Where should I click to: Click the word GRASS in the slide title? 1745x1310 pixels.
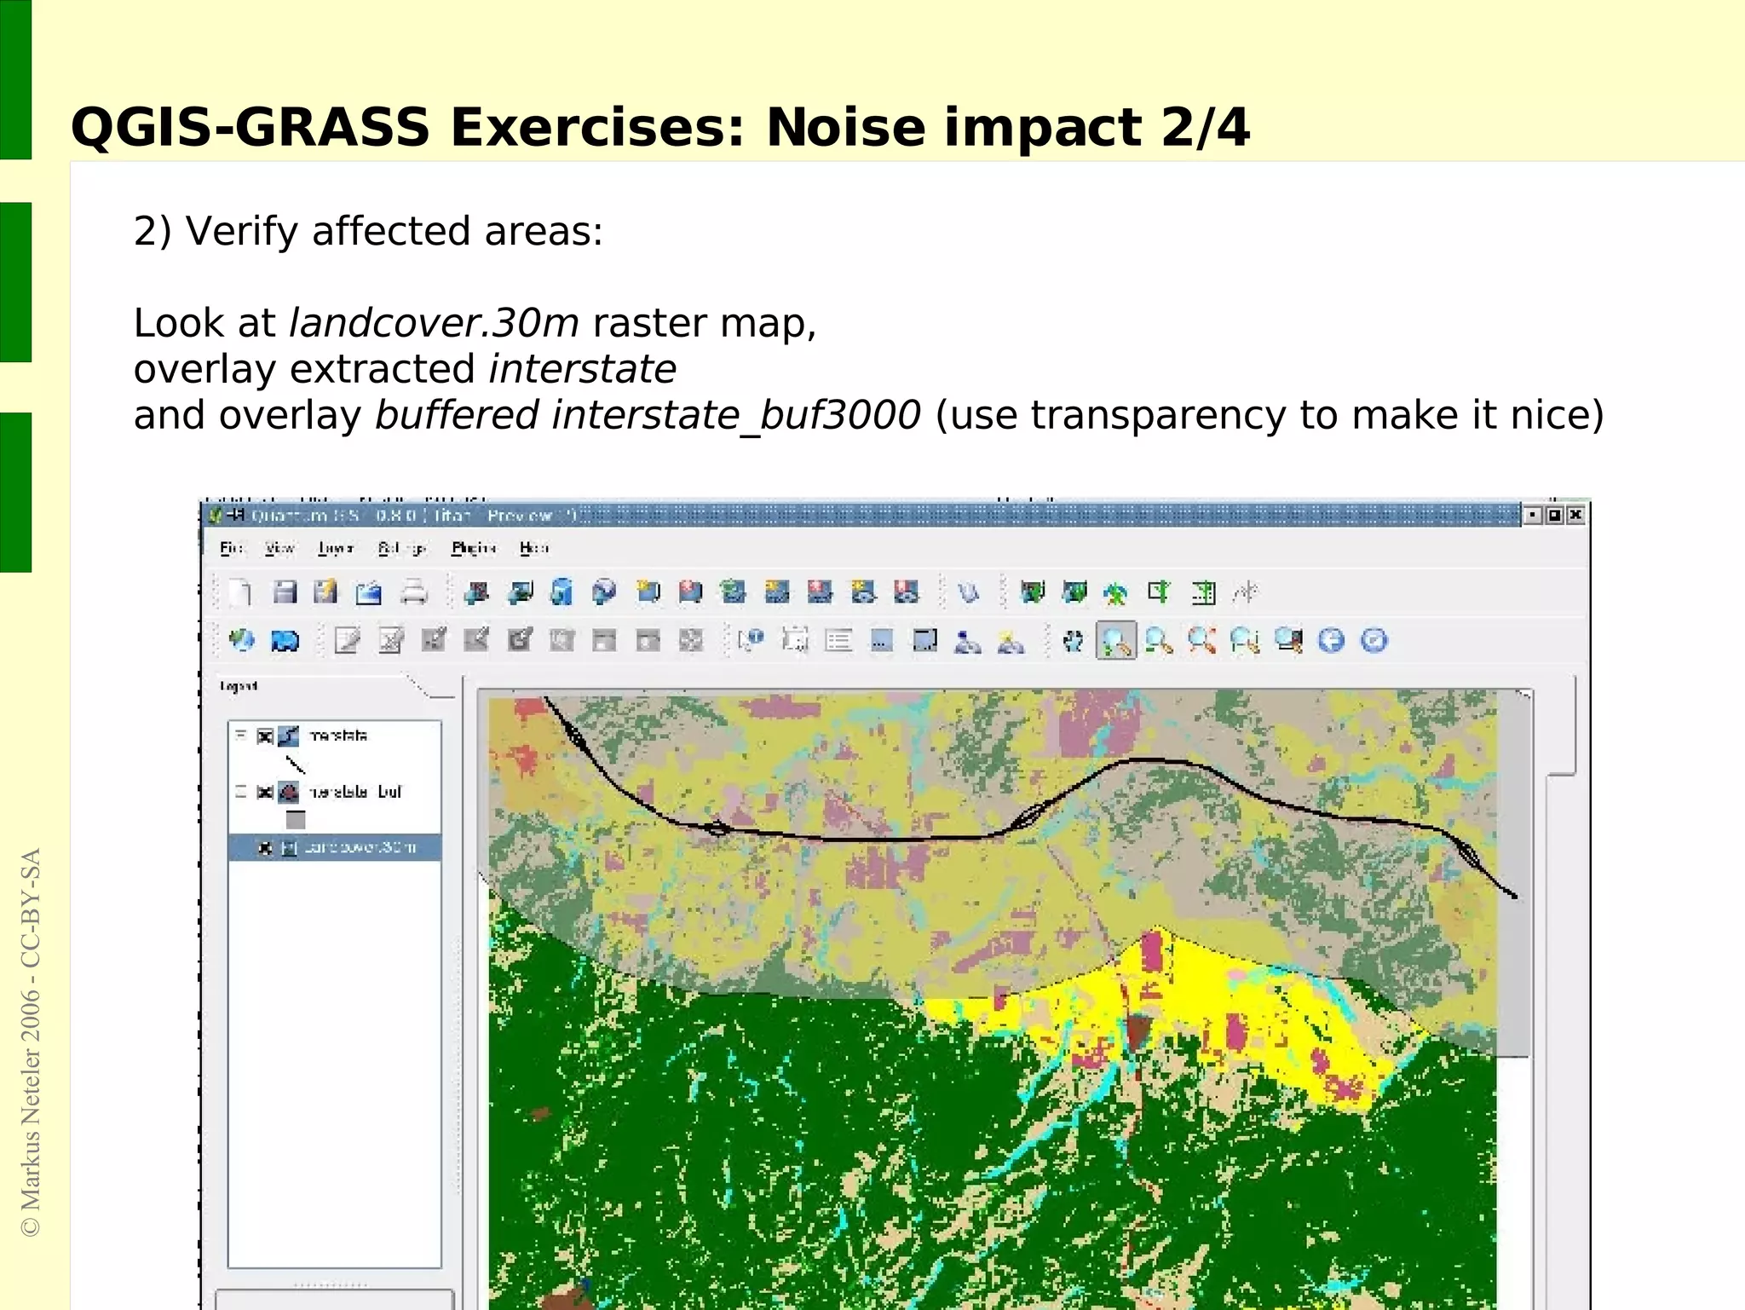coord(332,128)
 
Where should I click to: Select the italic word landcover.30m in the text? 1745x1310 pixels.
coord(434,324)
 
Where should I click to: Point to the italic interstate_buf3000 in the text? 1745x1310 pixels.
coord(736,416)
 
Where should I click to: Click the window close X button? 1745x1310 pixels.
coord(1575,515)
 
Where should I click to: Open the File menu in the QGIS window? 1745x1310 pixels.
coord(231,548)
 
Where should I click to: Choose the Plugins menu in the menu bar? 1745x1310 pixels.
coord(473,548)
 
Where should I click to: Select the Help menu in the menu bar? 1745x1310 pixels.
coord(533,548)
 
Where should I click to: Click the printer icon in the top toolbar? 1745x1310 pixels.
coord(414,592)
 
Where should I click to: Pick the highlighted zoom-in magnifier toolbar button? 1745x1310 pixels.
coord(1115,641)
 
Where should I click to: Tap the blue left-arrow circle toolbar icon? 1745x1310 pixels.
coord(1331,641)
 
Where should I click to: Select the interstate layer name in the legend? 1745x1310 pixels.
coord(338,736)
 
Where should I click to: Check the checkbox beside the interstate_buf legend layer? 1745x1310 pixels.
coord(265,792)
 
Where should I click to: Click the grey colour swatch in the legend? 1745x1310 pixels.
coord(296,820)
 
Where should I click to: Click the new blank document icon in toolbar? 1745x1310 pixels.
coord(241,592)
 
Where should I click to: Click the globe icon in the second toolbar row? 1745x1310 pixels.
coord(242,641)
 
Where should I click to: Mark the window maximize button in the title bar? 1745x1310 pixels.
coord(1554,515)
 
